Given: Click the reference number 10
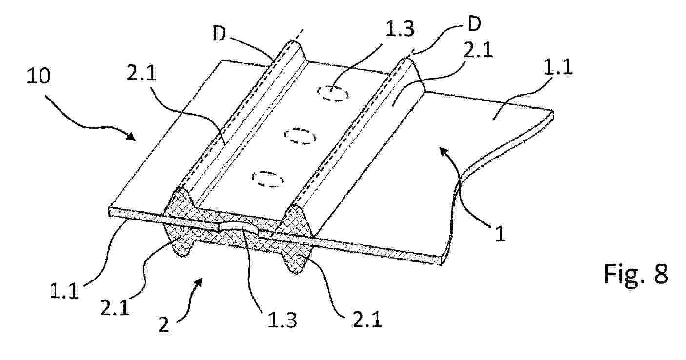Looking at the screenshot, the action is click(x=39, y=76).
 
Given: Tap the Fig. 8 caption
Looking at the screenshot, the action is click(x=636, y=274).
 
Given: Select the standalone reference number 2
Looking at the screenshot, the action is click(x=164, y=325).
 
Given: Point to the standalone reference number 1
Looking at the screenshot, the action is click(x=500, y=234).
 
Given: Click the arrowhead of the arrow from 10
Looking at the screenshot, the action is click(x=131, y=137).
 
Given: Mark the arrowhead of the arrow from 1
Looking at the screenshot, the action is click(x=443, y=150).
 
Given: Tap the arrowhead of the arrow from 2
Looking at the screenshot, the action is click(x=199, y=281).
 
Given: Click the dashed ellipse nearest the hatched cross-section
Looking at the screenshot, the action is click(x=268, y=179).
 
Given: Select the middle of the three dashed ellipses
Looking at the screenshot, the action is click(x=300, y=137).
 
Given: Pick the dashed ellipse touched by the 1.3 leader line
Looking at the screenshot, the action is click(x=333, y=93).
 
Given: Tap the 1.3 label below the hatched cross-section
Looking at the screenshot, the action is click(x=282, y=320).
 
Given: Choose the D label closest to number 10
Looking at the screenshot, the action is click(x=219, y=34).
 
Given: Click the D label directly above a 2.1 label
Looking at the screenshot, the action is click(x=474, y=23).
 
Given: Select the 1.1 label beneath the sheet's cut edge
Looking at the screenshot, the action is click(x=64, y=291).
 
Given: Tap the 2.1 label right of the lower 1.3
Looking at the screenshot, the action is click(x=367, y=320).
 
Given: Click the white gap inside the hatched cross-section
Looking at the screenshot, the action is click(x=239, y=228).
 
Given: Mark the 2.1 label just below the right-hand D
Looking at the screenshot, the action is click(x=478, y=50).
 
